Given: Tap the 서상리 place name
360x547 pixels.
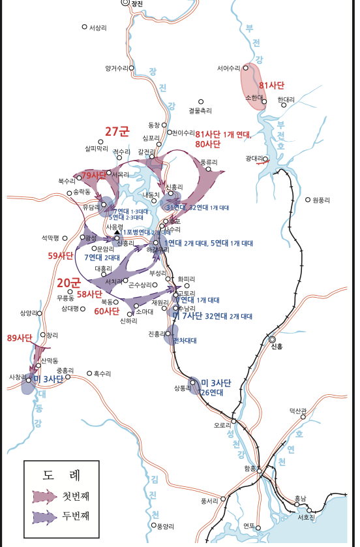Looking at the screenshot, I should coord(98,27).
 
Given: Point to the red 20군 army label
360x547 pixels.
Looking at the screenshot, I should coord(68,283).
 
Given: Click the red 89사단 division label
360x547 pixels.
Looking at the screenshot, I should coord(19,337).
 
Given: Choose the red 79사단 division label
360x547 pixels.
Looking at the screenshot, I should coord(94,176).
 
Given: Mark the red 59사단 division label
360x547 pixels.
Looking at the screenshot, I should coord(61,256).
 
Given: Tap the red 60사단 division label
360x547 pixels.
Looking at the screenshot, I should coord(108,311).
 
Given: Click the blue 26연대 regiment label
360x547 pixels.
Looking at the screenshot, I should coord(212,392).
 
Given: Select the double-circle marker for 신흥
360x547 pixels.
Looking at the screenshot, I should coord(273,339).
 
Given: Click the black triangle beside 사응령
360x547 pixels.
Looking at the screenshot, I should coord(117,232).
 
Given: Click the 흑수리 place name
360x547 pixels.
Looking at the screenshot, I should coord(102,373).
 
